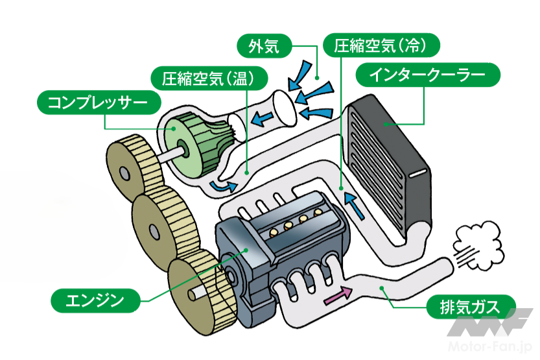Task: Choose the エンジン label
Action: click(x=95, y=300)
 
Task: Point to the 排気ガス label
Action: click(x=471, y=306)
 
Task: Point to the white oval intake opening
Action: click(x=283, y=106)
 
